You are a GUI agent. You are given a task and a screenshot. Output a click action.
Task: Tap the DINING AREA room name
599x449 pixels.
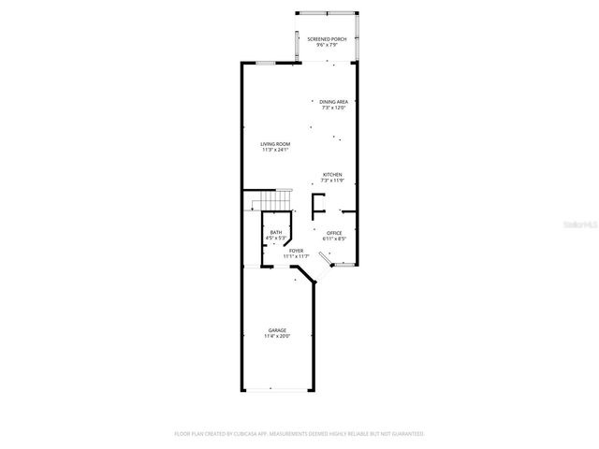pos(334,102)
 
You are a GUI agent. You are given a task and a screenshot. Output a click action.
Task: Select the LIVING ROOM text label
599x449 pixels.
pos(275,143)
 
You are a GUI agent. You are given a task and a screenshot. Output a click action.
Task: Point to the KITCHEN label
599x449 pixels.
pos(332,174)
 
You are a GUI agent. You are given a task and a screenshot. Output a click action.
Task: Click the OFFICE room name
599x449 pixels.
pos(334,233)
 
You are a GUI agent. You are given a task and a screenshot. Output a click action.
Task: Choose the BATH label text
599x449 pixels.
pos(276,233)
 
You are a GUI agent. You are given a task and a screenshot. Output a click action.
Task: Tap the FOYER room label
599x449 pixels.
pos(296,251)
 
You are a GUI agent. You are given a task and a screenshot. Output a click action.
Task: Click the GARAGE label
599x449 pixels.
pos(277,330)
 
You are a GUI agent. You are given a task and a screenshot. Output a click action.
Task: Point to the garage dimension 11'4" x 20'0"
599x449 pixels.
pos(277,337)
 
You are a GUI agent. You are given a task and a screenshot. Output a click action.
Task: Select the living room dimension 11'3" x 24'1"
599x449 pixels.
pos(275,150)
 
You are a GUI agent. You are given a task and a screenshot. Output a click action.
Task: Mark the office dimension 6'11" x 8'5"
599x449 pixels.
pos(334,239)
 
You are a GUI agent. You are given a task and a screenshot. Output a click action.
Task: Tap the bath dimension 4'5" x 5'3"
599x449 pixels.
pos(276,239)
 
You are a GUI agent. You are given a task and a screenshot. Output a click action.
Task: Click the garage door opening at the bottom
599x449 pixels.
pos(277,388)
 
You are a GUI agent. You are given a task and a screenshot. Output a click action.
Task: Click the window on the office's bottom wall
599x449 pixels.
pos(344,266)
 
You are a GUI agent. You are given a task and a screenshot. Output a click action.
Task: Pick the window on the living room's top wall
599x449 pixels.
pos(266,63)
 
